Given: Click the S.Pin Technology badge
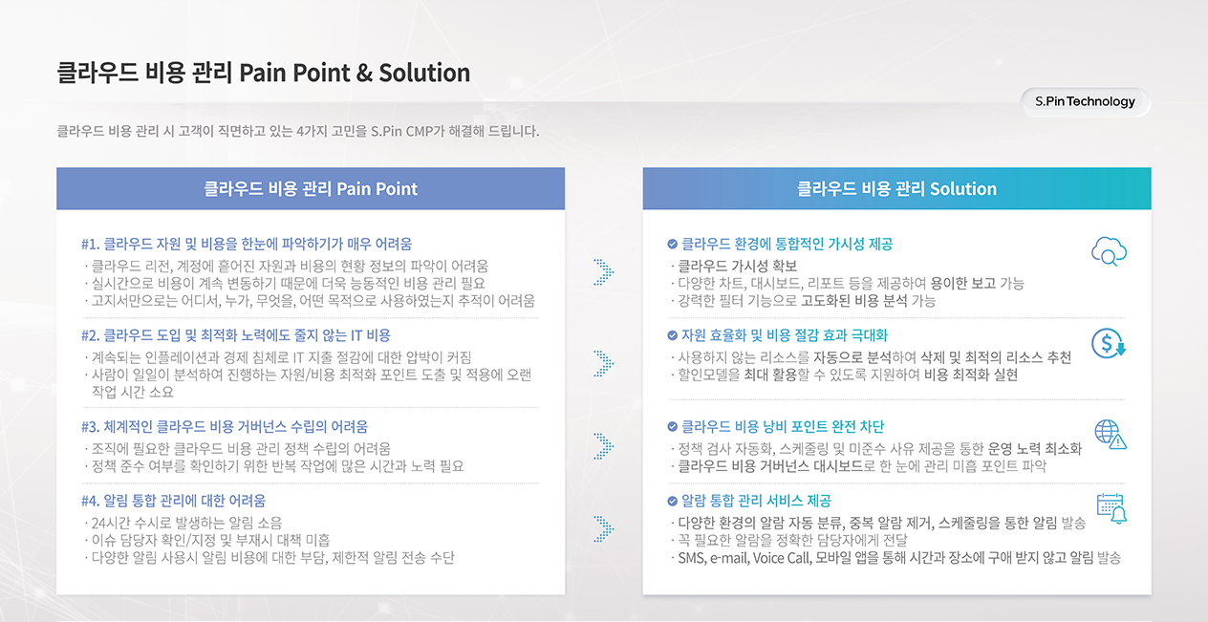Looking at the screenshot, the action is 1085,101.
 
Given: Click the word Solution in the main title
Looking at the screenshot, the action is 424,73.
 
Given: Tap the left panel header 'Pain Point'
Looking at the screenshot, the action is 311,188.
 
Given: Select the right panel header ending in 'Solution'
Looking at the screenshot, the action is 896,188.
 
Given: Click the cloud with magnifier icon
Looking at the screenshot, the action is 1109,251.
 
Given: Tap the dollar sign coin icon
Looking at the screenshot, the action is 1109,343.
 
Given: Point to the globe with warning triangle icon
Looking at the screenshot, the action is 1110,435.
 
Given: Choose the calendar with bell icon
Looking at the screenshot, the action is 1111,508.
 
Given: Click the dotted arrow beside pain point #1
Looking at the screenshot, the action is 604,272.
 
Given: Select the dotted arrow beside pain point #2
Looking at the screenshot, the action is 604,364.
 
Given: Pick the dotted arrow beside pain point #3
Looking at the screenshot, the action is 604,446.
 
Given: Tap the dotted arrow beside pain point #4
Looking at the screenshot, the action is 604,529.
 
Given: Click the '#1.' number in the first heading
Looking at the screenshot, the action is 90,245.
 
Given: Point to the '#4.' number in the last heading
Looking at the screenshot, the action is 90,501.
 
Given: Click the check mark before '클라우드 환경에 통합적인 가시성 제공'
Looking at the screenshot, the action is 672,245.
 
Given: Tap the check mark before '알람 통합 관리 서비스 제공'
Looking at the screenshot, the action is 672,502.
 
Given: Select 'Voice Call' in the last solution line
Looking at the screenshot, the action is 782,558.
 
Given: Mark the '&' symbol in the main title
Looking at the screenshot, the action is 364,74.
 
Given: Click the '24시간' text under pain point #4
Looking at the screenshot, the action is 108,523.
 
